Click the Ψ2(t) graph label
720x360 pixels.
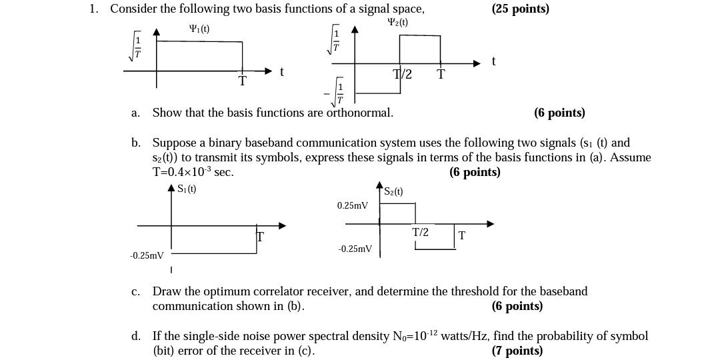point(397,22)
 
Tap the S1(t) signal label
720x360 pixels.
point(187,189)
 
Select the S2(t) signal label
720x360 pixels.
point(393,191)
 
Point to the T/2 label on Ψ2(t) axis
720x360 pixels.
point(403,74)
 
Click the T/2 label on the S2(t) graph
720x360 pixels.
point(420,232)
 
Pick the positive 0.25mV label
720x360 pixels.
point(352,205)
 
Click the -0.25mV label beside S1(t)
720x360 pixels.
point(147,255)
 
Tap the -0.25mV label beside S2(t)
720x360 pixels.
point(355,249)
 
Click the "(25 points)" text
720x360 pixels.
point(520,9)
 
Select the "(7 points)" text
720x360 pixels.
point(517,351)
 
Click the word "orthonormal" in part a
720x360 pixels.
point(359,113)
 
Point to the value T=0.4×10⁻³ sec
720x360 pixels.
point(193,172)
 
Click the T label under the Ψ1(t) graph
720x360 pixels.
point(242,81)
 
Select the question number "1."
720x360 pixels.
point(94,9)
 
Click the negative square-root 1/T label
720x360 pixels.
point(337,93)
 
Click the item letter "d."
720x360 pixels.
point(136,336)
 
